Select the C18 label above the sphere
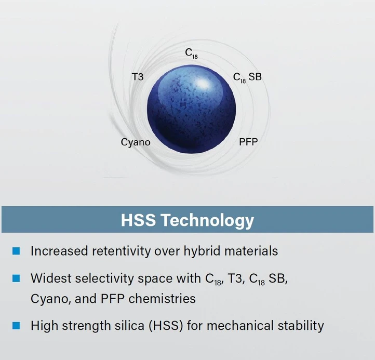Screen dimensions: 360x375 click(x=192, y=54)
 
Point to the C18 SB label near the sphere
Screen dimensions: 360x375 click(x=247, y=78)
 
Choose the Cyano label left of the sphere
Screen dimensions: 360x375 click(x=136, y=142)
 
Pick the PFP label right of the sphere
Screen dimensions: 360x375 click(x=248, y=142)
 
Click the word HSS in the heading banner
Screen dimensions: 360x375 click(x=139, y=220)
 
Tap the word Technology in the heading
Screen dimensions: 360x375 click(x=208, y=220)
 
